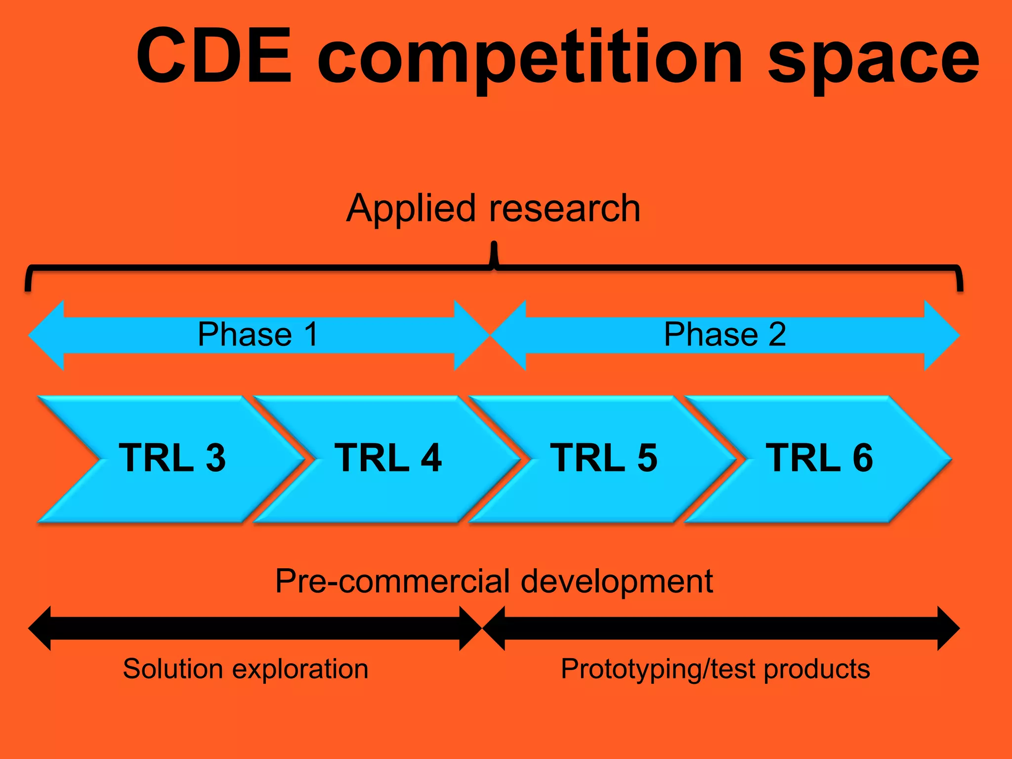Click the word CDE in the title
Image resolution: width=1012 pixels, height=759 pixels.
(x=213, y=55)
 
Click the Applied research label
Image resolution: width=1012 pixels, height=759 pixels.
(x=493, y=208)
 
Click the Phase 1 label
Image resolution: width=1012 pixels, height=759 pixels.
(x=257, y=335)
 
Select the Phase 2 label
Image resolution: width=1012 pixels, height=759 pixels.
(x=724, y=335)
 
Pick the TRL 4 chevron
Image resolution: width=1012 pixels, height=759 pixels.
(x=387, y=458)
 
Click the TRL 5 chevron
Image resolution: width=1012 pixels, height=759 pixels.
(x=603, y=458)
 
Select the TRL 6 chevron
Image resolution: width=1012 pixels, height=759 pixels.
(x=819, y=458)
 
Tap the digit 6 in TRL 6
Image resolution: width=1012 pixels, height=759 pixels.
(x=862, y=458)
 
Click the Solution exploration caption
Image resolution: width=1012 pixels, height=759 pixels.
(x=246, y=669)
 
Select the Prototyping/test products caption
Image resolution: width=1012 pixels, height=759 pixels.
(x=715, y=669)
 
